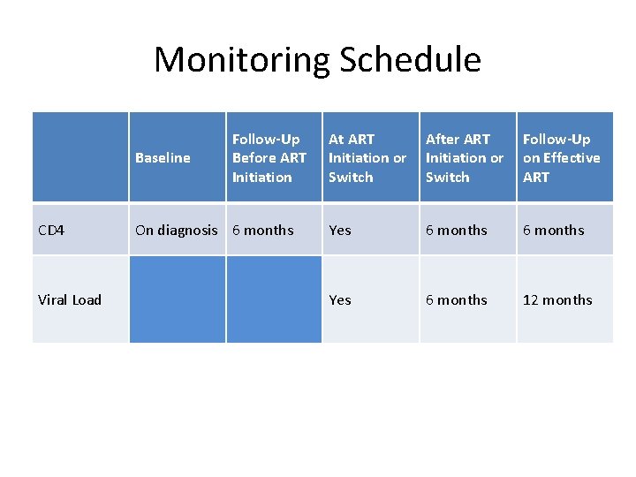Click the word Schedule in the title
tap(410, 60)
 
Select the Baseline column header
tap(163, 158)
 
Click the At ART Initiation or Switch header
tap(367, 158)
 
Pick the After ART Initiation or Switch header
tap(465, 158)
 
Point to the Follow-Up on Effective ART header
tap(562, 158)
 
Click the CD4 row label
tap(51, 231)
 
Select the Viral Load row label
tap(70, 300)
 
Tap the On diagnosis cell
tap(176, 231)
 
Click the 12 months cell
tap(557, 300)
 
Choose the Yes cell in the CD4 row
tap(340, 231)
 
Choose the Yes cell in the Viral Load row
tap(340, 300)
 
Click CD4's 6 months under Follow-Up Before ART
tap(262, 231)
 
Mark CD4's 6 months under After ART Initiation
tap(457, 231)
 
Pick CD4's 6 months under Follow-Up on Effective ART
tap(554, 231)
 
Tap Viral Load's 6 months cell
tap(457, 300)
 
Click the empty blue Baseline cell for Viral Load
tap(177, 299)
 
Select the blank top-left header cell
tap(80, 157)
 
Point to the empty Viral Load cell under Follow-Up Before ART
tap(274, 299)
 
